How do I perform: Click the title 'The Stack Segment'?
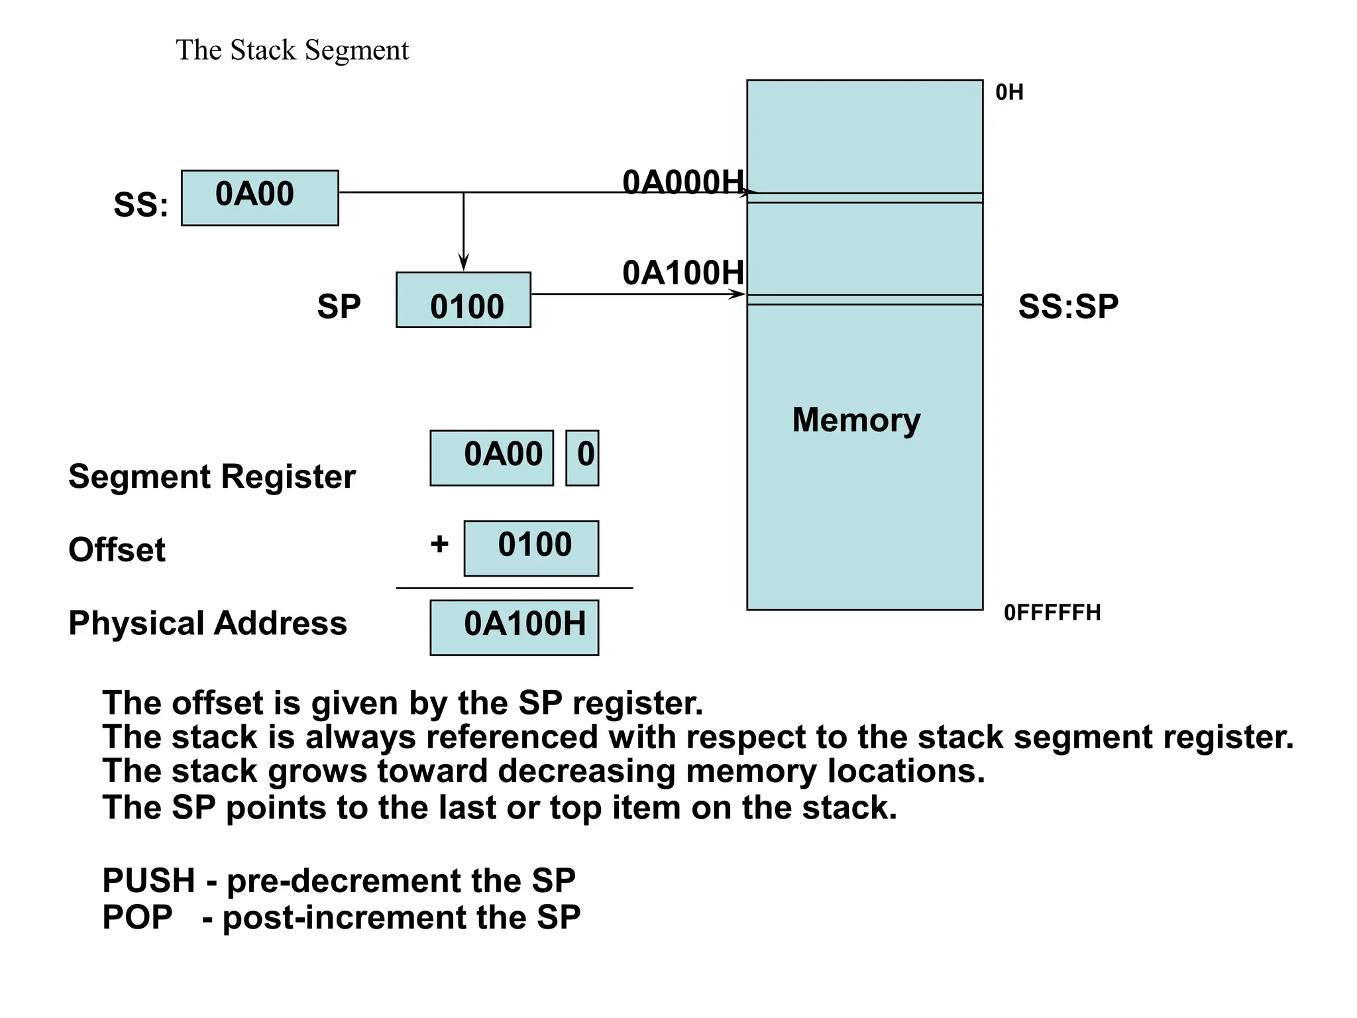coord(292,50)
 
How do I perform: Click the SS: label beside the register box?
coord(140,205)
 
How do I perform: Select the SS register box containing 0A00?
coord(260,198)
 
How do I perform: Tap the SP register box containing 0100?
coord(463,300)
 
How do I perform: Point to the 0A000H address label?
coord(682,182)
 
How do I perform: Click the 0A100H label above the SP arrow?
coord(682,273)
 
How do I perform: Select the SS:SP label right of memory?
coord(1068,307)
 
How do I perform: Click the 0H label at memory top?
coord(1009,93)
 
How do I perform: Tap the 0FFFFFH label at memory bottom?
coord(1052,612)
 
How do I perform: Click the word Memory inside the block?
coord(856,420)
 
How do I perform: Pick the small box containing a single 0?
coord(582,458)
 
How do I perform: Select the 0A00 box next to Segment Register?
coord(492,458)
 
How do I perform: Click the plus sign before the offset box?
coord(439,544)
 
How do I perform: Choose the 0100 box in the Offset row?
coord(531,548)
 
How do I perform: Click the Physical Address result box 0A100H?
coord(514,628)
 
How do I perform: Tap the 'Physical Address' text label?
coord(207,624)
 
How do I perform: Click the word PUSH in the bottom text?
coord(148,881)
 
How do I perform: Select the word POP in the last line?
coord(137,917)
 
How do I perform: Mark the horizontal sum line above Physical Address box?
coord(514,588)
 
